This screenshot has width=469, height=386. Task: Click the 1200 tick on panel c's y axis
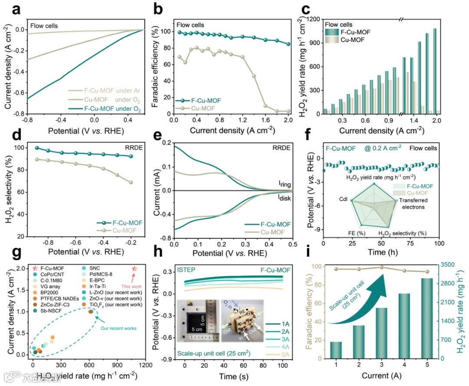(314, 20)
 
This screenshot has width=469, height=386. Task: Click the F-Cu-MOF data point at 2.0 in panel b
(288, 44)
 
